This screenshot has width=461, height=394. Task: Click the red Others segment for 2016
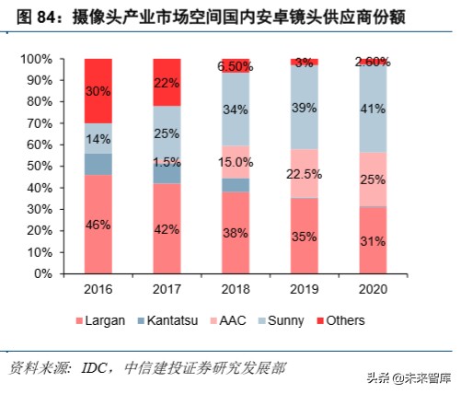pyautogui.click(x=99, y=91)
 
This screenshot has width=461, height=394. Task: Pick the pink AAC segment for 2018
pyautogui.click(x=236, y=162)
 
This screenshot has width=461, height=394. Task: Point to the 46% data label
pyautogui.click(x=99, y=224)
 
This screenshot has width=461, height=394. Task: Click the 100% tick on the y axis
pyautogui.click(x=46, y=59)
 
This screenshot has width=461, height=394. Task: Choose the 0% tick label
pyautogui.click(x=52, y=273)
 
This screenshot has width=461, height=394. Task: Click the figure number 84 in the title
pyautogui.click(x=46, y=17)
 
